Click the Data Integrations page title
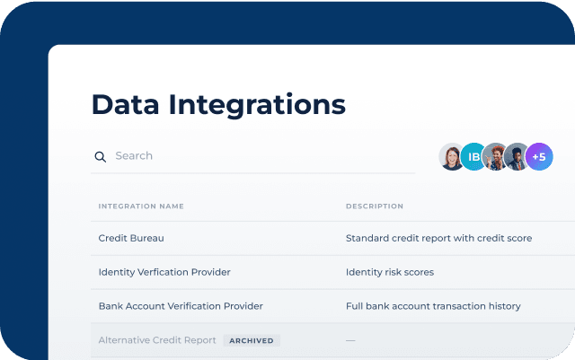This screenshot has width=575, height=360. [x=218, y=105]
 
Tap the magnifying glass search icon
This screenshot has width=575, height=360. [x=100, y=157]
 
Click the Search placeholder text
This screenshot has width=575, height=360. [x=134, y=156]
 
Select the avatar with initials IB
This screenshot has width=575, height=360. [x=473, y=156]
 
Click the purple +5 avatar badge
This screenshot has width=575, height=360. [x=539, y=156]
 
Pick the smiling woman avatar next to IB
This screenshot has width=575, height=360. [x=452, y=156]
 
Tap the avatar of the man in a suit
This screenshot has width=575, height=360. [x=517, y=156]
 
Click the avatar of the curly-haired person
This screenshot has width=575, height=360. [x=495, y=156]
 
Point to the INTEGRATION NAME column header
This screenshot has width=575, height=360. [x=141, y=206]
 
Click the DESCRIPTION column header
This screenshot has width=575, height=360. [x=375, y=206]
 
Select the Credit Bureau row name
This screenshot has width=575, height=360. [x=131, y=238]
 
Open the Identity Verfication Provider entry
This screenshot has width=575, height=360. [x=164, y=272]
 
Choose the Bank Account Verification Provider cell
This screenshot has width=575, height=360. [x=181, y=306]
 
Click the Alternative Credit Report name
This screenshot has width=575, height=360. [x=157, y=340]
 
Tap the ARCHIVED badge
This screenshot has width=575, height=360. [x=252, y=340]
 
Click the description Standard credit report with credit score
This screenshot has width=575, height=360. [x=439, y=238]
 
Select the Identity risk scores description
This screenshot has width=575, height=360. [x=390, y=272]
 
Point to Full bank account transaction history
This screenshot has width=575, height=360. [x=433, y=306]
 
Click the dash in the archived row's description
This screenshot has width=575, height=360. [x=350, y=340]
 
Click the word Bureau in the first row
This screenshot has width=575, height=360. [x=147, y=238]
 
